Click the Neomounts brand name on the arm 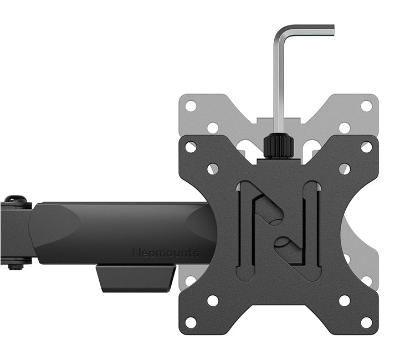tap(165, 253)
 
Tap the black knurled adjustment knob tap(278, 146)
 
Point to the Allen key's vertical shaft tap(279, 83)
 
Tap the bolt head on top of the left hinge tap(16, 199)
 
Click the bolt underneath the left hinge tap(16, 265)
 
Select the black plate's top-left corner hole tap(191, 147)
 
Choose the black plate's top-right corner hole tap(366, 147)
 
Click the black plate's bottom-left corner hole tap(191, 322)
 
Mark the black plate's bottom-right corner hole tap(366, 322)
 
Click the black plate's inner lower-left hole tap(213, 300)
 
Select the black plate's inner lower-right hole tap(344, 300)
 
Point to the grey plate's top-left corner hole tap(191, 106)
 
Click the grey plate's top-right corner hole tap(366, 106)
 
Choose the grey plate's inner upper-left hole tap(213, 127)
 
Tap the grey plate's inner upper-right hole tap(344, 127)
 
